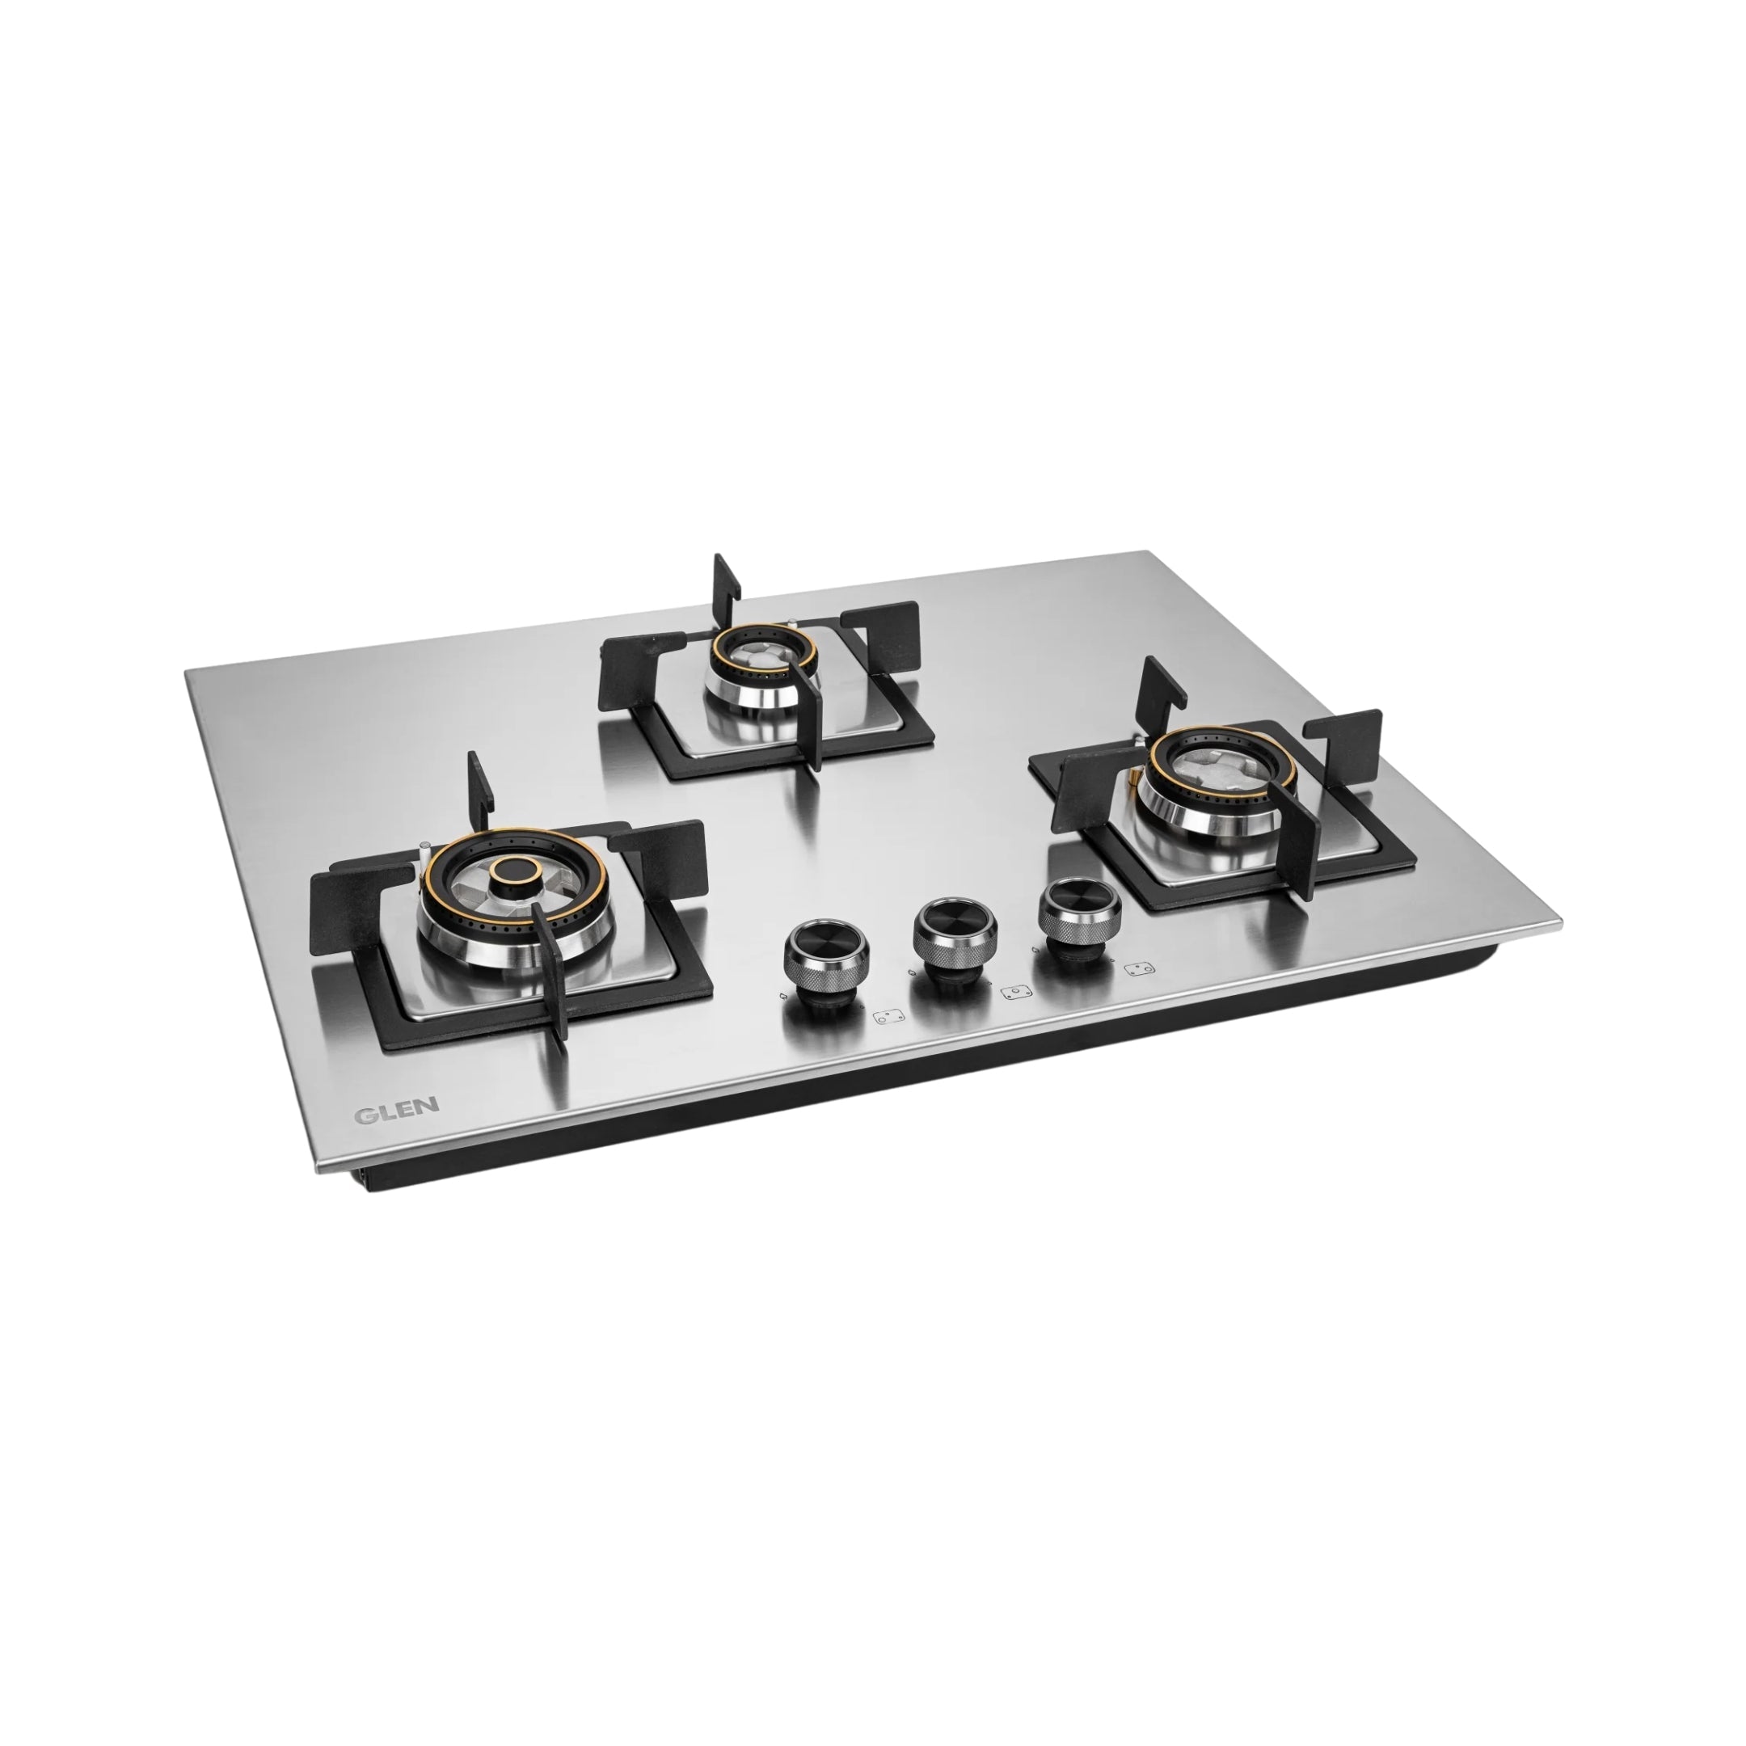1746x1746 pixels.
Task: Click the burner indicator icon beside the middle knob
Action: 1017,993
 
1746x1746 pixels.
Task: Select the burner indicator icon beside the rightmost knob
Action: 1140,970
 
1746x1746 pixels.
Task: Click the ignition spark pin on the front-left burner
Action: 424,850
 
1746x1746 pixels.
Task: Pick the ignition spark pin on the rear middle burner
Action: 792,626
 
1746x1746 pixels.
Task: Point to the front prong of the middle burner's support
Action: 810,714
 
